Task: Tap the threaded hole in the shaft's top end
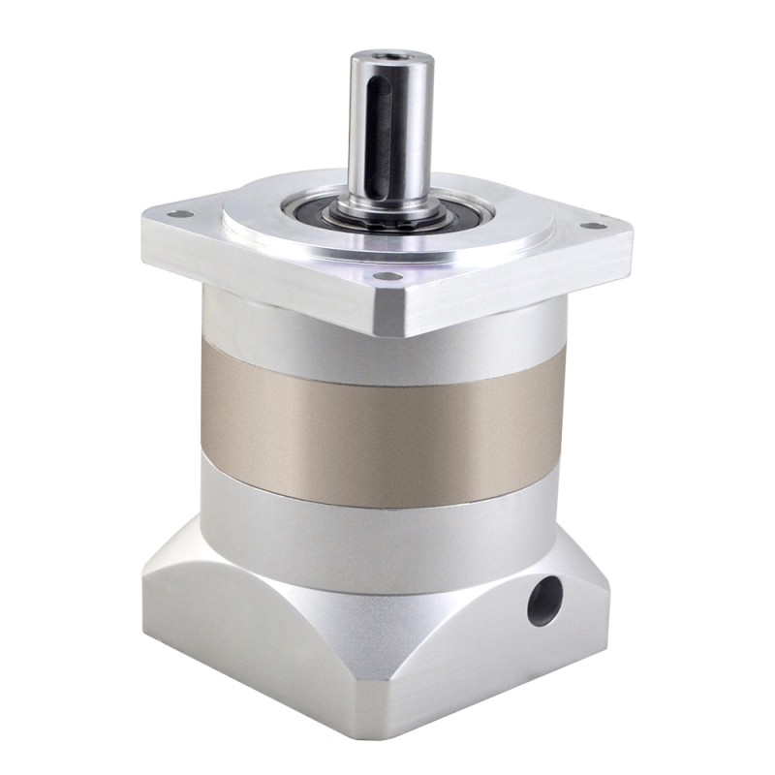(x=390, y=60)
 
